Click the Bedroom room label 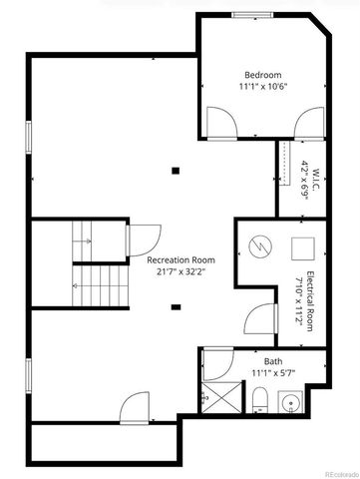click(x=263, y=75)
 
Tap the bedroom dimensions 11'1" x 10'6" click(x=263, y=87)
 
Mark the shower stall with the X click(x=217, y=398)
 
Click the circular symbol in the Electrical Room click(x=259, y=245)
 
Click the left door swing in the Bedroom click(x=220, y=123)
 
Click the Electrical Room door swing click(x=258, y=318)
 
